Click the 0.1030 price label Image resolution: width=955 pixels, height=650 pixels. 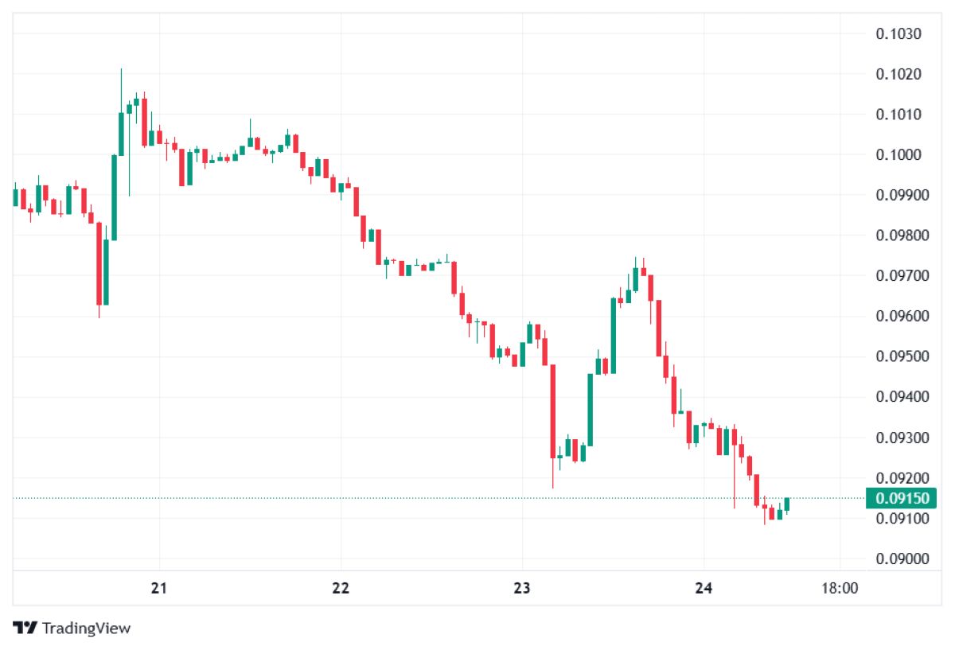pos(898,34)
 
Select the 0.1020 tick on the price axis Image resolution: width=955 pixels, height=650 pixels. pos(898,75)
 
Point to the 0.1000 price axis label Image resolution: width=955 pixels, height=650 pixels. pos(898,154)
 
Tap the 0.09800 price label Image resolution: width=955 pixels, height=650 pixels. pos(902,235)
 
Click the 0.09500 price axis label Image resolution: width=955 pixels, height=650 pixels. pos(902,356)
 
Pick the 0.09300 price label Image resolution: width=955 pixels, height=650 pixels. pos(902,438)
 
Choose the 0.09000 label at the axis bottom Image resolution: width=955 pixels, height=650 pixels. pos(902,559)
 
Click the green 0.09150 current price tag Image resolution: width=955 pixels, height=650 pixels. pos(901,498)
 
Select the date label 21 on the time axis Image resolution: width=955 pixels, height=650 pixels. pos(159,589)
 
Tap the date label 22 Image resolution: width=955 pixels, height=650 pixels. pos(341,589)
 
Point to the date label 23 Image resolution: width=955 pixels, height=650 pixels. pos(522,589)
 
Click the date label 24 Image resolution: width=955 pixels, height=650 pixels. pos(704,589)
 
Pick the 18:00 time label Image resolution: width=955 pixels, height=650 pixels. pos(840,589)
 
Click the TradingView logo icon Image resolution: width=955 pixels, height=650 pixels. pos(25,628)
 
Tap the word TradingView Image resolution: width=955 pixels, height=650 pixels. pos(86,629)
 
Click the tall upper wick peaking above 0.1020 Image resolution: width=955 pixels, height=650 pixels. pos(121,91)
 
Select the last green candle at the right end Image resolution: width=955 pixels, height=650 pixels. pos(786,504)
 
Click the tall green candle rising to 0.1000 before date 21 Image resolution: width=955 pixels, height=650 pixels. pos(115,198)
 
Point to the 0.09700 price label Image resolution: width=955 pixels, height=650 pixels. pos(902,276)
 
